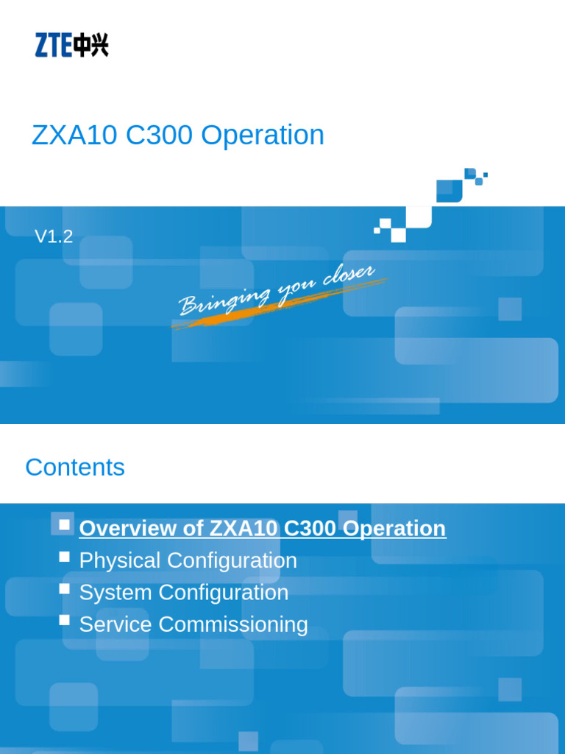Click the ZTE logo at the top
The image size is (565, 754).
[71, 45]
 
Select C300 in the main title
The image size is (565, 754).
[160, 135]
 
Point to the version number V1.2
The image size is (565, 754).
[54, 236]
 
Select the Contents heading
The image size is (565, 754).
[75, 468]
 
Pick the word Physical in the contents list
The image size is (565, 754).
[120, 560]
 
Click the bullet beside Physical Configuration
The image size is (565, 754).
[65, 557]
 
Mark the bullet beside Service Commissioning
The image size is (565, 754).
[65, 620]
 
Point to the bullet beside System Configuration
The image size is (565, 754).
[65, 589]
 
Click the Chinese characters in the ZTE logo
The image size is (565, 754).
[91, 45]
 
